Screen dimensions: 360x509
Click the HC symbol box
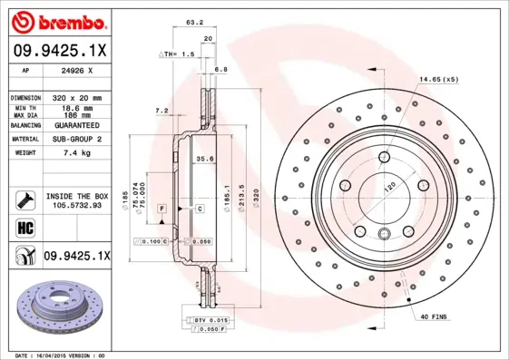[24, 228]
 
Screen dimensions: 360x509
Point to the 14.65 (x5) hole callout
[440, 79]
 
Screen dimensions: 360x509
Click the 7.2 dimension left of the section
[162, 111]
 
